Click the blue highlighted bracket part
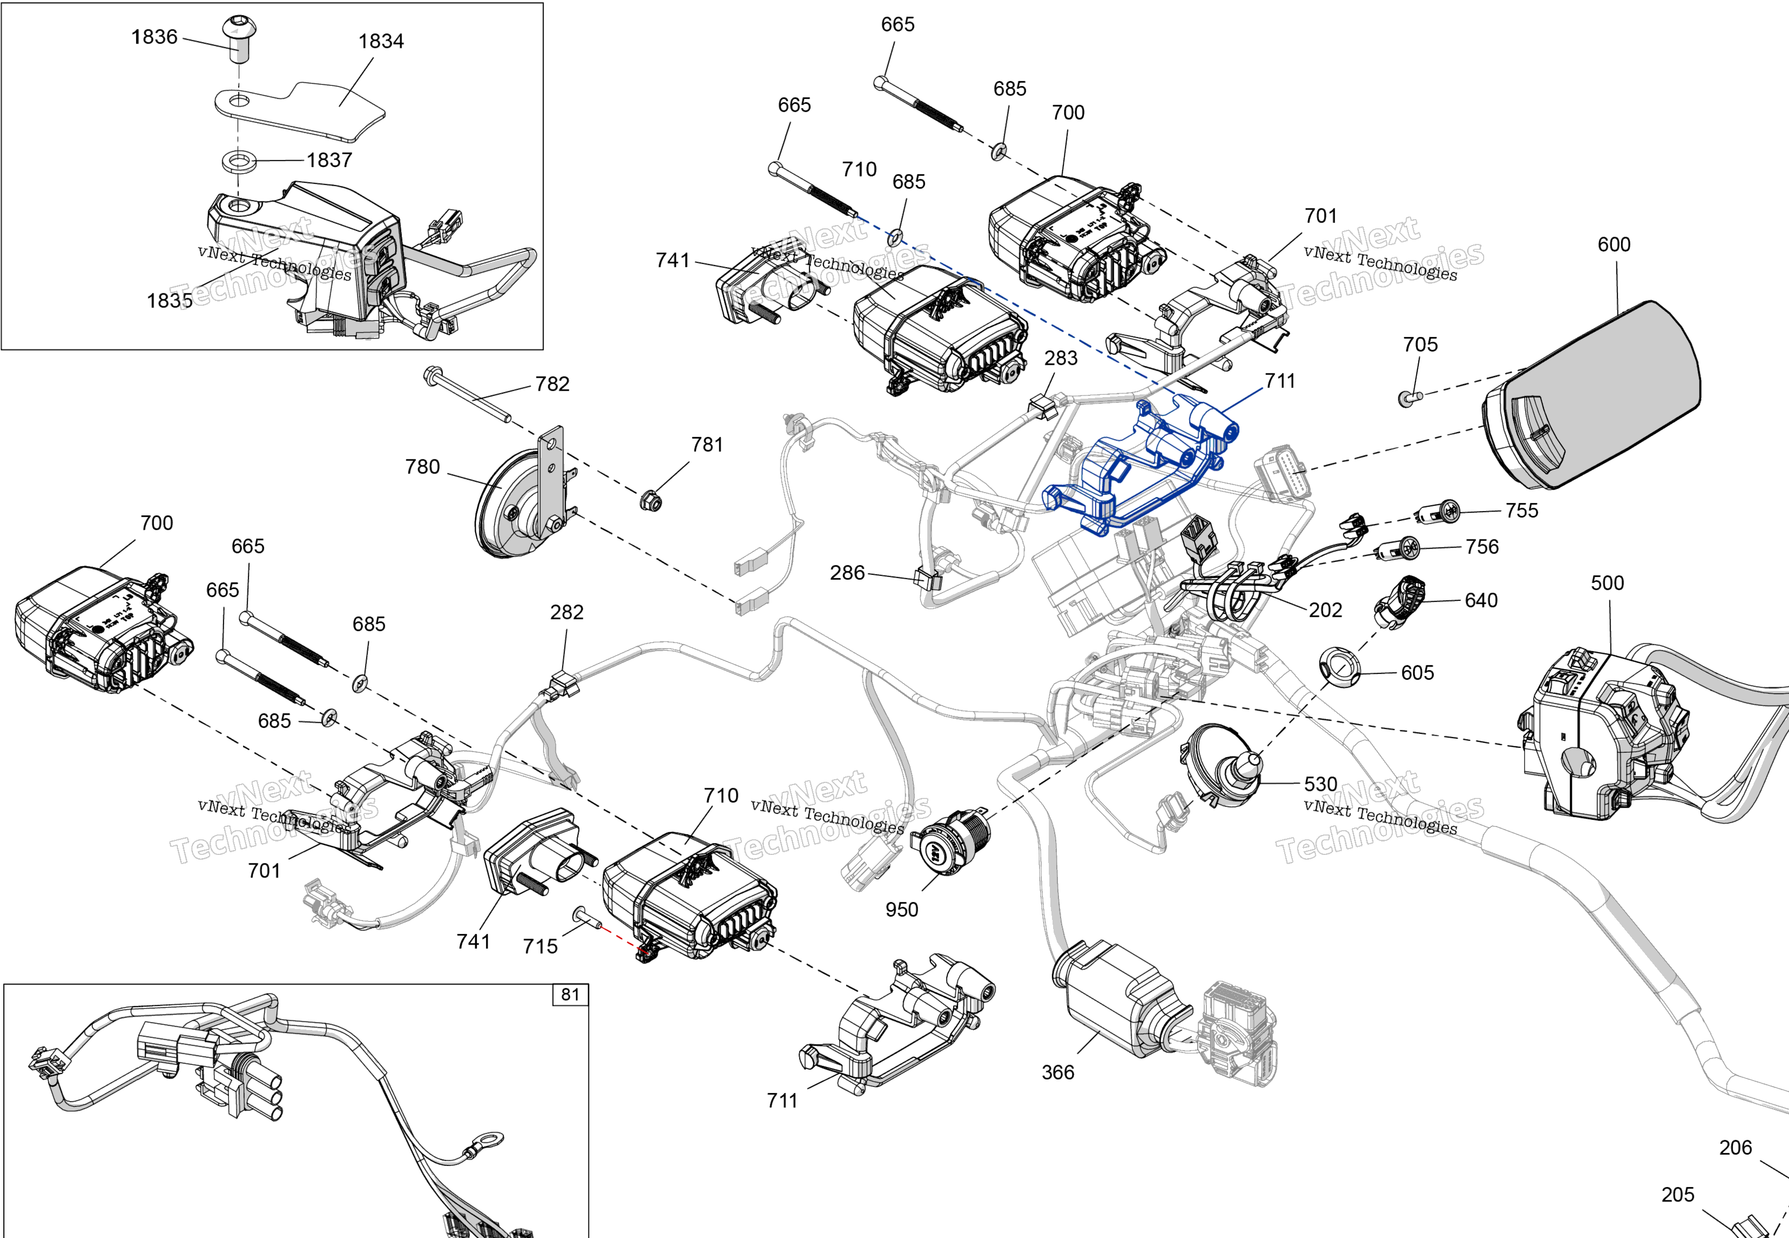click(1140, 465)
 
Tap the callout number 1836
click(154, 37)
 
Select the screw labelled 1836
click(239, 39)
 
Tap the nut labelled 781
click(651, 501)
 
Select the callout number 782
click(553, 384)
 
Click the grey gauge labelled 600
click(1598, 395)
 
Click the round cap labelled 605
click(1340, 667)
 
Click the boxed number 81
click(570, 995)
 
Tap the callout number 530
click(1320, 784)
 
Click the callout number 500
click(1607, 584)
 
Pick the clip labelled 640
click(1400, 602)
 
